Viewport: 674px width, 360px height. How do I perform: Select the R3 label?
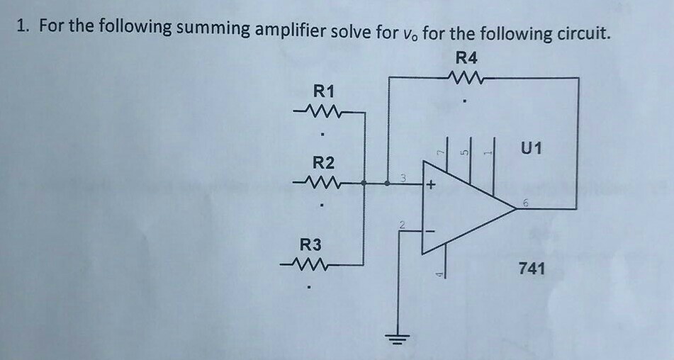pos(311,245)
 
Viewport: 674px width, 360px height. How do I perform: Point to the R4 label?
pos(466,57)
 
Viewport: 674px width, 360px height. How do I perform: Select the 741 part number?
pos(532,269)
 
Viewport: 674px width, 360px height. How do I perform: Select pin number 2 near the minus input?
pos(401,225)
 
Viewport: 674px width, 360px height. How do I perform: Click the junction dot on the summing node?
pos(387,183)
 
